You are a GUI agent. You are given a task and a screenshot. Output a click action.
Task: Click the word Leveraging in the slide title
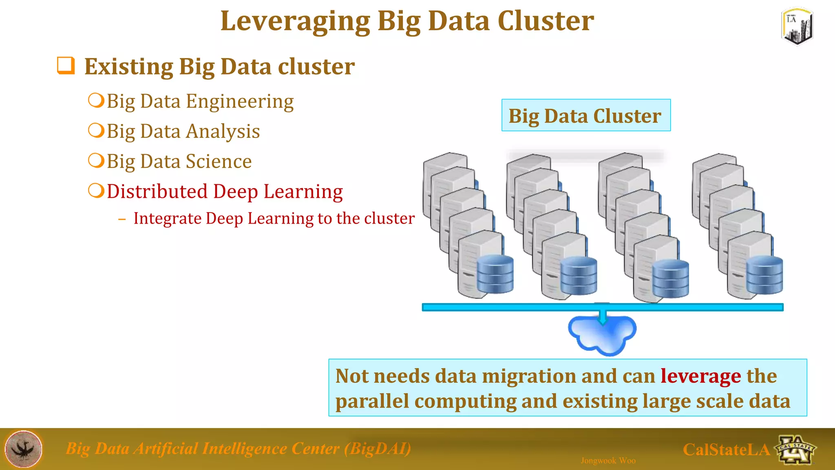[x=295, y=21]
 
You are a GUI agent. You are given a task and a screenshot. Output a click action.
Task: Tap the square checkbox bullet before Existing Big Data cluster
[x=66, y=66]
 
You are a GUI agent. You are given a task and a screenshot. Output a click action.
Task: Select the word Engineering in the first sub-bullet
[x=240, y=102]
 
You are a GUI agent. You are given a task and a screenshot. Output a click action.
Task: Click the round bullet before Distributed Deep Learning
[x=96, y=191]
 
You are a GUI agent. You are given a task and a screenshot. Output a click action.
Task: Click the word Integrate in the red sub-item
[x=168, y=218]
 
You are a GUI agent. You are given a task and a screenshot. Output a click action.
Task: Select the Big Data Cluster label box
[x=585, y=115]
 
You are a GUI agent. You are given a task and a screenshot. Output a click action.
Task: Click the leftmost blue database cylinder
[x=495, y=274]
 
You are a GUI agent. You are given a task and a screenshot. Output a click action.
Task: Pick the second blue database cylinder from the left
[x=579, y=276]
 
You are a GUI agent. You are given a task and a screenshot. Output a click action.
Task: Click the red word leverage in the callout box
[x=700, y=376]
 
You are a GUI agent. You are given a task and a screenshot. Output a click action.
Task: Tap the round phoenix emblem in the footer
[x=24, y=449]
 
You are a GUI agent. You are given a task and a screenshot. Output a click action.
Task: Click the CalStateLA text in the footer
[x=726, y=450]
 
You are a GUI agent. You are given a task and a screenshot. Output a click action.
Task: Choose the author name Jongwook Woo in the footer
[x=608, y=461]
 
